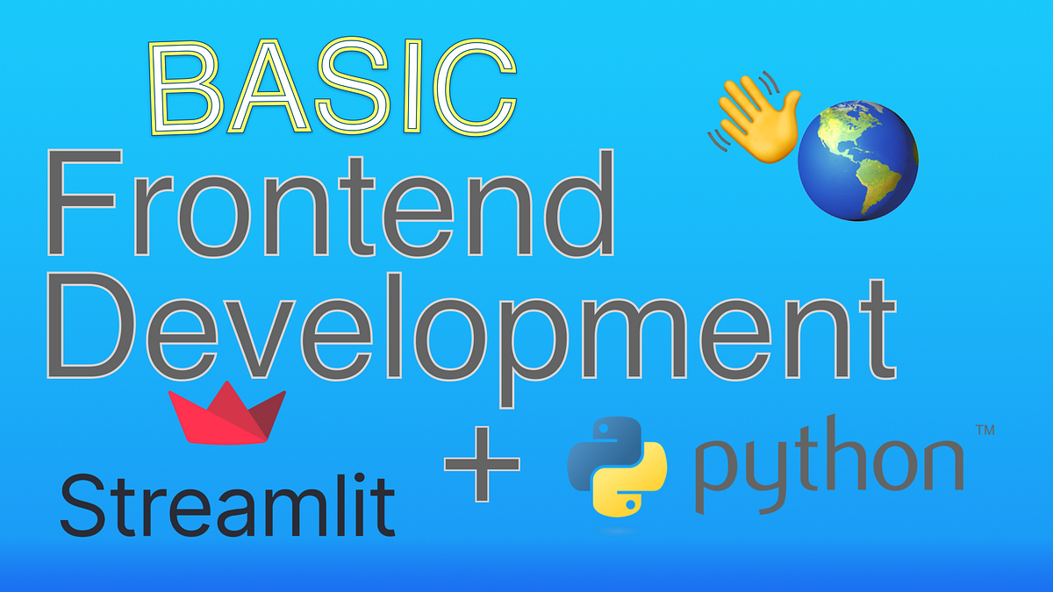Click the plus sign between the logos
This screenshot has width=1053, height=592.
coord(482,465)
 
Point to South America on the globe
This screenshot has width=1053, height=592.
coord(877,189)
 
